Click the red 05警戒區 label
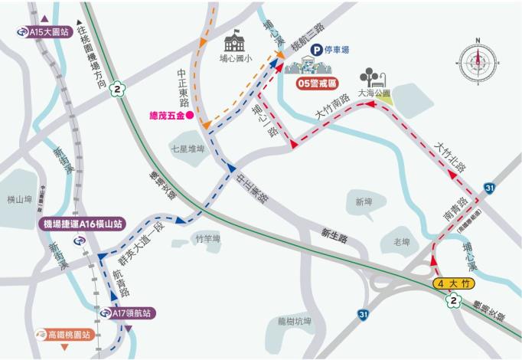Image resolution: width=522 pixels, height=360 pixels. [x=318, y=81]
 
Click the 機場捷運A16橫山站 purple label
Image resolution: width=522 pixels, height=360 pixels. [x=83, y=224]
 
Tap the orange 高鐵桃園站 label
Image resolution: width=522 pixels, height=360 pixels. [x=70, y=335]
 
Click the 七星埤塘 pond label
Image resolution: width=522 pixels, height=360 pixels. [x=187, y=150]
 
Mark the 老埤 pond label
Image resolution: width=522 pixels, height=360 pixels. [x=401, y=241]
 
